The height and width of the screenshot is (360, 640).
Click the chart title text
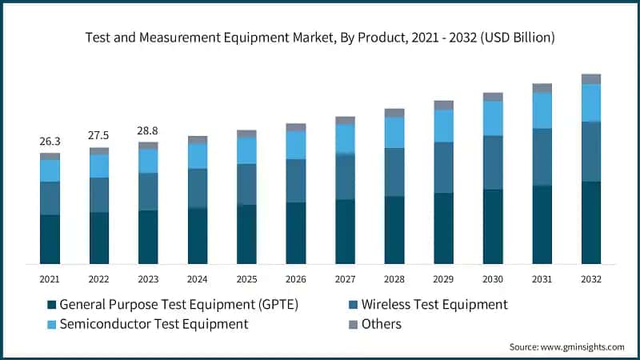coord(320,38)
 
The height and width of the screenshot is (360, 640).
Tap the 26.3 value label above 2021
coord(50,142)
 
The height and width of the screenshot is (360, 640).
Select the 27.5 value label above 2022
coord(99,136)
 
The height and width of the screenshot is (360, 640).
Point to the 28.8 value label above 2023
coord(148,130)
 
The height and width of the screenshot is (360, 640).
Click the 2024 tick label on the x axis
coord(198,279)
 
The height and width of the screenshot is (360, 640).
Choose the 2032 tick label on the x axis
coord(591,279)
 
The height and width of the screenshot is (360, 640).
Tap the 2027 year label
coord(345,279)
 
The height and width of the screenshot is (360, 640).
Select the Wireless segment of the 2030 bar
coord(493,162)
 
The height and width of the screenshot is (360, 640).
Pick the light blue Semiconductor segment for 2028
coord(394,133)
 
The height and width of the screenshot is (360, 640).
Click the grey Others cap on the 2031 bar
coord(542,88)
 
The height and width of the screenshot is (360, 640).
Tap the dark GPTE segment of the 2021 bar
coord(50,239)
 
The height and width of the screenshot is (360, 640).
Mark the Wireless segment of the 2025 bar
coord(246,184)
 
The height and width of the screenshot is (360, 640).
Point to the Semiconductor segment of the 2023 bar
coord(148,161)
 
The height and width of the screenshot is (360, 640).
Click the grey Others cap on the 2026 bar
coord(296,127)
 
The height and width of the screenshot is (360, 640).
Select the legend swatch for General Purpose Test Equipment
coord(52,305)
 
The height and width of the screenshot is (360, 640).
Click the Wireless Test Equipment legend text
coord(434,305)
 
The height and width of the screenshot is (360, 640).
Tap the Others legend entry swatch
coord(353,324)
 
